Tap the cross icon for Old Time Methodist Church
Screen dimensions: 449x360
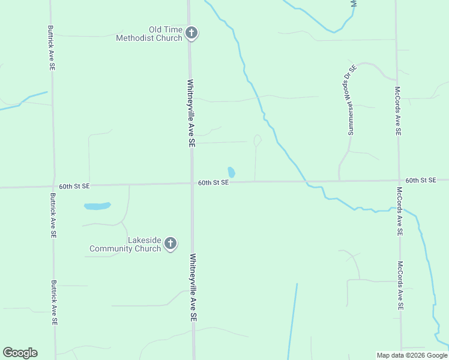191,33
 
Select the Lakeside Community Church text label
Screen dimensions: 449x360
125,244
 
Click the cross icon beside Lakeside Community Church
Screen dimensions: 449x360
170,244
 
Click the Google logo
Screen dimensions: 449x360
20,353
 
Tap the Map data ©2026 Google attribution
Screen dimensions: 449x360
412,355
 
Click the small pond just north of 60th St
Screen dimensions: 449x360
231,172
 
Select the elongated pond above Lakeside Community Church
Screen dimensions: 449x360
97,206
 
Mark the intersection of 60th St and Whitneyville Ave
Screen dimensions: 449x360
191,183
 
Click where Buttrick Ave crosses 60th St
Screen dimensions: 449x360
54,186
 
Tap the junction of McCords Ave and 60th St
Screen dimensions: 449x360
398,179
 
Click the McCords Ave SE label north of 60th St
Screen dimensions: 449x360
397,112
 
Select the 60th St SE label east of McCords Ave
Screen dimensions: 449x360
420,180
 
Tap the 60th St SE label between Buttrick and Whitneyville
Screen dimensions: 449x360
74,186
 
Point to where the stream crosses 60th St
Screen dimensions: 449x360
305,181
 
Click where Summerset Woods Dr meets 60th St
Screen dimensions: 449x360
340,180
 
